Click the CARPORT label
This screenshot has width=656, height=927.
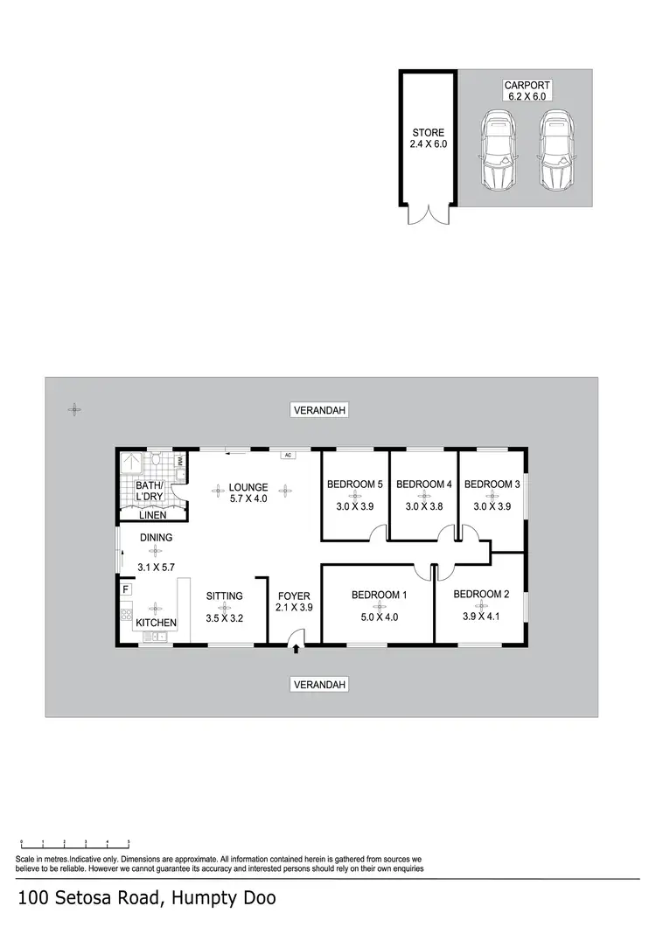[522, 85]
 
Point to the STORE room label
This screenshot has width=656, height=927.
[429, 133]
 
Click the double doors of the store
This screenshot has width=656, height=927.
[429, 215]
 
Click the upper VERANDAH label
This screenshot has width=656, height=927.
[320, 410]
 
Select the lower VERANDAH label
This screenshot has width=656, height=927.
[320, 684]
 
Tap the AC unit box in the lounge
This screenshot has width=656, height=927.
[286, 456]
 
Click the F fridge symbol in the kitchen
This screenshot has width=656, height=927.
[126, 589]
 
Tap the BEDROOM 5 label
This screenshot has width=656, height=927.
[354, 484]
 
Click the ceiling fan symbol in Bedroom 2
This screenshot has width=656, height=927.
[482, 606]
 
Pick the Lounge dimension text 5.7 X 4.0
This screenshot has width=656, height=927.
[248, 498]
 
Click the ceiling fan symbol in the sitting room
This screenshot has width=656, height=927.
[225, 607]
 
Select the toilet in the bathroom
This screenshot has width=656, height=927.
[155, 458]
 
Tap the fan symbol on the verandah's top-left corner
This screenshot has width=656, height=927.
[76, 408]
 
